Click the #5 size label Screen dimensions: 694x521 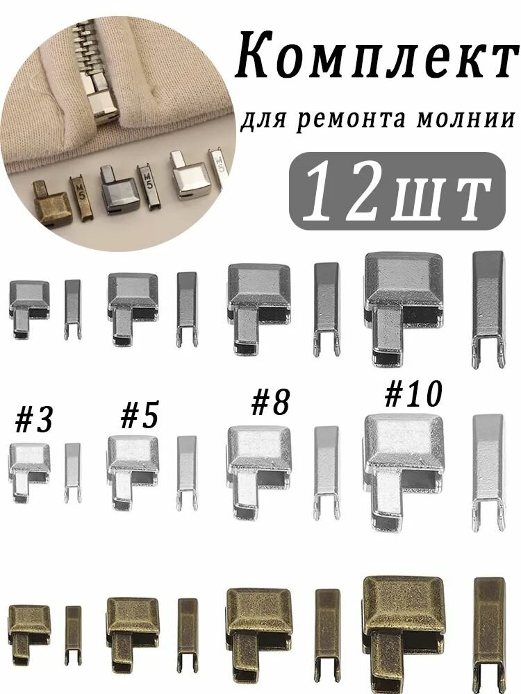(x=139, y=416)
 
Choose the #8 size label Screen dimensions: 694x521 (x=270, y=403)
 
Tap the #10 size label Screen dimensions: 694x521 (x=413, y=394)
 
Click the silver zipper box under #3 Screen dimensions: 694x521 (x=29, y=464)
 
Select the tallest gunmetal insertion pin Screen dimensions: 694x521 (x=488, y=306)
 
